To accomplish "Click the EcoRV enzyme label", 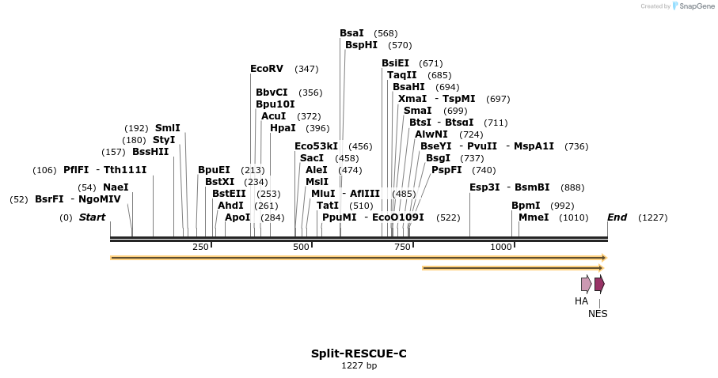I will (x=267, y=69).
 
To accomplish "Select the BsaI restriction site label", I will (x=351, y=33).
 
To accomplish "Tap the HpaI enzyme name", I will (x=283, y=128).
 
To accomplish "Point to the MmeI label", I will (x=534, y=217).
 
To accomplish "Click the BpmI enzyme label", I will (x=526, y=206).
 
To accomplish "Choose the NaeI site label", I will (x=116, y=187).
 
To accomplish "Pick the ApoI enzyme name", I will (x=237, y=217).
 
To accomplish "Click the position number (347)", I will (x=306, y=70).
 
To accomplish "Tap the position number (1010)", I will (x=573, y=217).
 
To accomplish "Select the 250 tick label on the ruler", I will (x=200, y=248).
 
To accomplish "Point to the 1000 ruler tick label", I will (x=501, y=248).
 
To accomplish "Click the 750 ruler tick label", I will (x=401, y=248).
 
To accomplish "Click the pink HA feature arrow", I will (x=586, y=284).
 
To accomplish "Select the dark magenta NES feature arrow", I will (x=599, y=284).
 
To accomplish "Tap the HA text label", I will (x=582, y=301).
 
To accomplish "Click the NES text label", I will (x=598, y=314).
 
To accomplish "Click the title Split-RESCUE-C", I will (x=359, y=353).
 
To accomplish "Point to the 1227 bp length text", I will (x=359, y=366).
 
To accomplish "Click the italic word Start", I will (x=92, y=217).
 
